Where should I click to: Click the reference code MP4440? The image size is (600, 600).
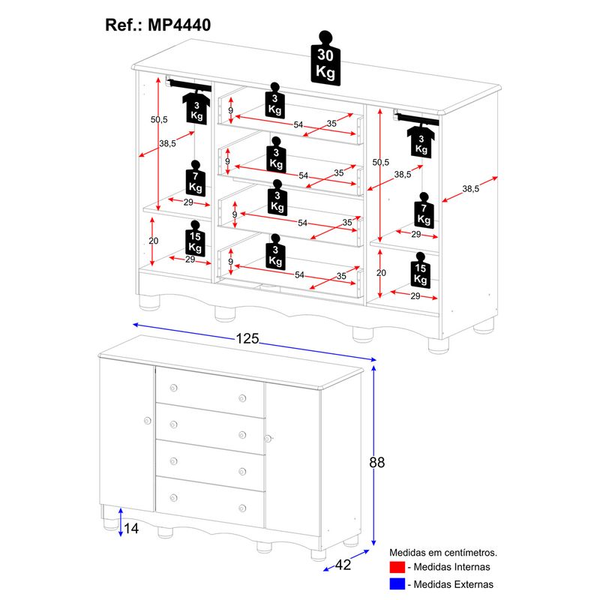pos(179,25)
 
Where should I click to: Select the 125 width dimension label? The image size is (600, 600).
pos(247,339)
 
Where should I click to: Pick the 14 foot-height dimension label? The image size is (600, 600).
pos(131,529)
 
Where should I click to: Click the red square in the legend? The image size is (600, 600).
pos(397,567)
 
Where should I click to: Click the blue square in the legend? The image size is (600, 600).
pos(397,584)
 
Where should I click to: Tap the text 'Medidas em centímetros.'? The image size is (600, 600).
pos(443,553)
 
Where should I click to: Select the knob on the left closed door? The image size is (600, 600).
pos(142,421)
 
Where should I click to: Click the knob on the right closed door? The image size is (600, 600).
pos(265,438)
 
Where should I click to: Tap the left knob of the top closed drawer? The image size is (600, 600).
pos(173,388)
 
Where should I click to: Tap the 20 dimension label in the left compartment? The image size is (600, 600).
pos(154,241)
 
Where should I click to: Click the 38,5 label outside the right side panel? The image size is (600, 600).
pos(470,189)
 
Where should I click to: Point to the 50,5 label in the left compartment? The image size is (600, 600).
pos(158,119)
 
